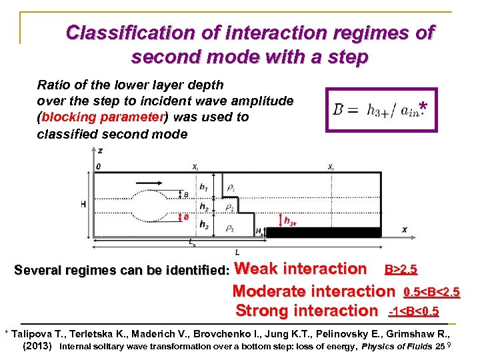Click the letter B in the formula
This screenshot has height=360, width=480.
pyautogui.click(x=339, y=109)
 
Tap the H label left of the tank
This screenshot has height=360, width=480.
pyautogui.click(x=84, y=203)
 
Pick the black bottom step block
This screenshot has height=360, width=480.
pyautogui.click(x=323, y=233)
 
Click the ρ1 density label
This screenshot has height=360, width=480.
pyautogui.click(x=231, y=189)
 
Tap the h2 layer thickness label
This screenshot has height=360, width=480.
pyautogui.click(x=205, y=209)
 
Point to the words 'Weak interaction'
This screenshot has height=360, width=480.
pyautogui.click(x=301, y=269)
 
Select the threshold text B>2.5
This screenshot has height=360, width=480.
pyautogui.click(x=401, y=270)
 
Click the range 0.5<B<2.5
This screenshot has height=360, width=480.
pyautogui.click(x=431, y=292)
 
